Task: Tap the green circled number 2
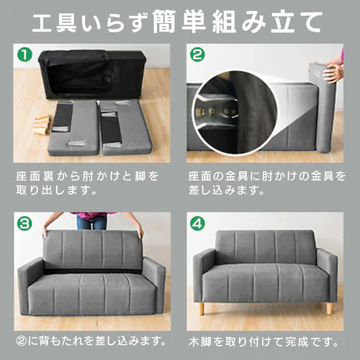click(x=197, y=55)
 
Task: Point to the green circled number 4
click(x=197, y=224)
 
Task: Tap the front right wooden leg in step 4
click(x=329, y=308)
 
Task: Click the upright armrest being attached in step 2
click(x=324, y=108)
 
